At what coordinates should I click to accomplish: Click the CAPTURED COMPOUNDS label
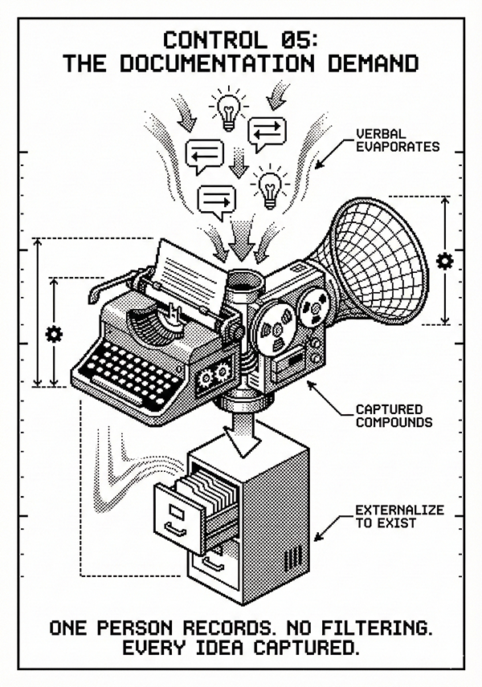tap(394, 415)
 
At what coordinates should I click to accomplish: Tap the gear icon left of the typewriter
tap(54, 333)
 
